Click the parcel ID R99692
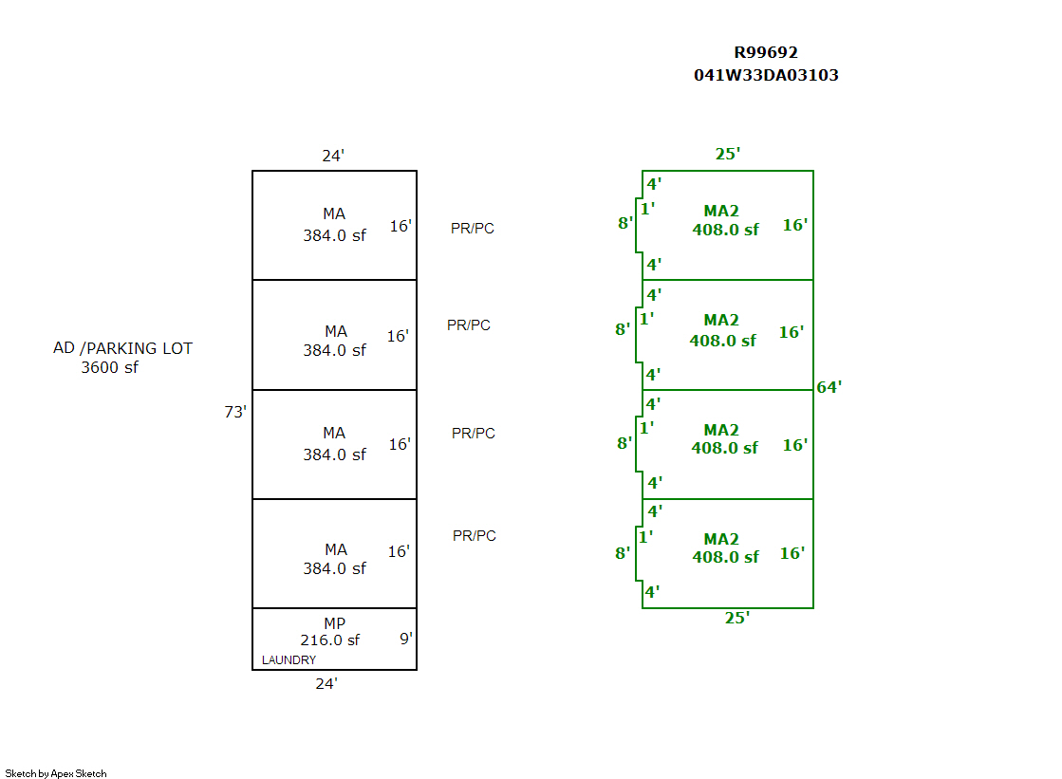(x=766, y=53)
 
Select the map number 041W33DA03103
(x=766, y=75)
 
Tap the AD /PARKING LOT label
(x=122, y=348)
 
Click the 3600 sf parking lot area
(x=109, y=367)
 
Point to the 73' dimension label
(x=235, y=413)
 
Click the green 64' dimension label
(x=829, y=387)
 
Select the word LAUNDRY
(x=289, y=660)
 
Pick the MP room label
(x=334, y=623)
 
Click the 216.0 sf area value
(x=330, y=640)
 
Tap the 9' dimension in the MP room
(x=406, y=639)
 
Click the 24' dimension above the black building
(x=332, y=156)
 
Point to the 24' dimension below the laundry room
(x=326, y=683)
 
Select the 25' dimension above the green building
(x=727, y=154)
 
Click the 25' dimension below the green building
(x=737, y=618)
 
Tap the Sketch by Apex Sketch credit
(x=56, y=773)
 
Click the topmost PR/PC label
(x=473, y=229)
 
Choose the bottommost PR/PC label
(x=475, y=536)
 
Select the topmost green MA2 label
(x=721, y=211)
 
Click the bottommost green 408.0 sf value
(x=726, y=557)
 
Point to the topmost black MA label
(x=334, y=214)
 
